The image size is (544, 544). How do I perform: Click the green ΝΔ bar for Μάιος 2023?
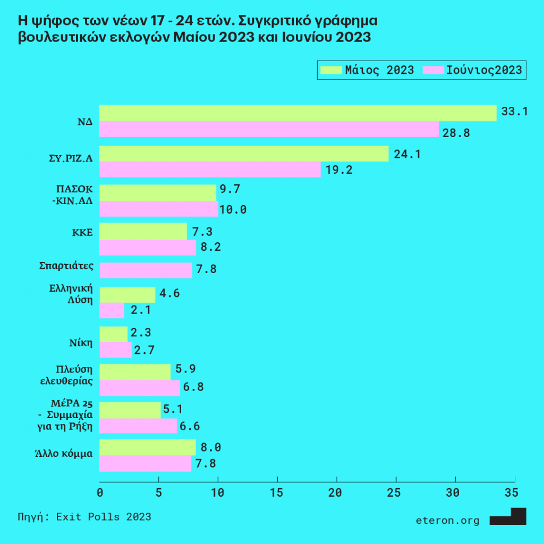297,113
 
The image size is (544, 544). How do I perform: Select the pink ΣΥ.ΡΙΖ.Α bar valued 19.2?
210,170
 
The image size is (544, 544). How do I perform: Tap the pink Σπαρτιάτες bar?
146,270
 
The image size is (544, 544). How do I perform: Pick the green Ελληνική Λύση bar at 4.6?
127,294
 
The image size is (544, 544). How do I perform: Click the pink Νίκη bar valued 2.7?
116,350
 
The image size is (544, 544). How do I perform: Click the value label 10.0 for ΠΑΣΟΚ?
234,209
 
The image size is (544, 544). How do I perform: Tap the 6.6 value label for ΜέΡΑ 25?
191,426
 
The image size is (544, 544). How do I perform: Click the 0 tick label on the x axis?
100,492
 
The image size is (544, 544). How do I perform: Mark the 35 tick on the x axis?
511,492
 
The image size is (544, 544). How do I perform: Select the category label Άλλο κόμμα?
61,454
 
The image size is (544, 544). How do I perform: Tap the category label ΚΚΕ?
83,233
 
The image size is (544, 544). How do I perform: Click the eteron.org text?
447,521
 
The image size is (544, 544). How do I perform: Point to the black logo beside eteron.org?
508,517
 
